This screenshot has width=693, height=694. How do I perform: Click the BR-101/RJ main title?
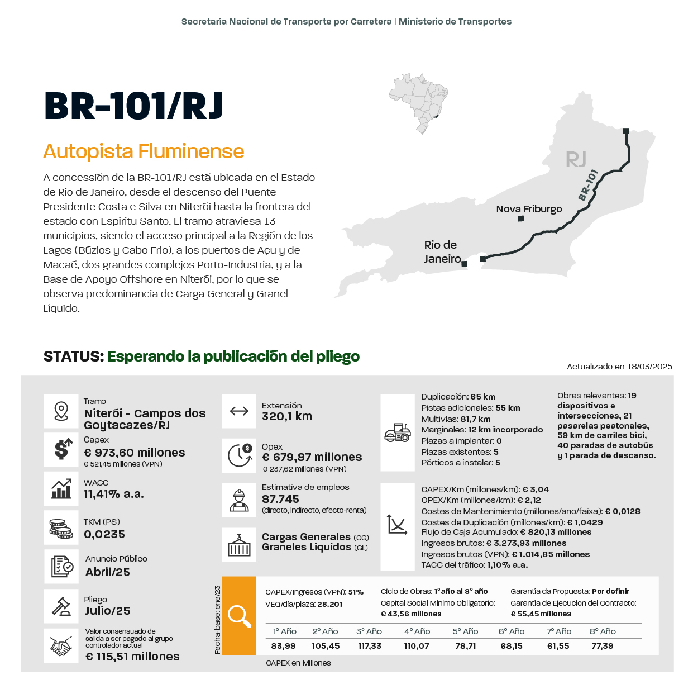click(x=133, y=106)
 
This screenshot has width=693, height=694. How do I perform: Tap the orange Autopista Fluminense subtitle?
click(x=144, y=151)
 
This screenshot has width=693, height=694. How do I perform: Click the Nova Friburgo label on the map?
click(x=529, y=209)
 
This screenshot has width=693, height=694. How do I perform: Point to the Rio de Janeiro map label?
click(x=441, y=251)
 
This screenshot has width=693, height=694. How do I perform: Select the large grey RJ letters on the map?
click(x=576, y=160)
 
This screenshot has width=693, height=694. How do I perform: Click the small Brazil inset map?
click(x=419, y=103)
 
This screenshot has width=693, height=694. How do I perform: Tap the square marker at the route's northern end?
click(x=626, y=131)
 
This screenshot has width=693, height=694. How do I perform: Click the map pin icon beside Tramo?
click(x=61, y=411)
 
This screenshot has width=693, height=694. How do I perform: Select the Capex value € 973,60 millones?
click(x=134, y=453)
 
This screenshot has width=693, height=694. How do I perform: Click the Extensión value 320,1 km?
click(x=287, y=416)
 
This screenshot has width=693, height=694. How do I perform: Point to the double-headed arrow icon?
click(x=239, y=411)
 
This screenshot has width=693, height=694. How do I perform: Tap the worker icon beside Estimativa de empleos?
click(x=239, y=500)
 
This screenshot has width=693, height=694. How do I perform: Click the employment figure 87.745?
click(x=280, y=499)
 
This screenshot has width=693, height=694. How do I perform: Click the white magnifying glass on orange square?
click(x=239, y=616)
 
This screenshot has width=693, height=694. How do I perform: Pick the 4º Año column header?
click(x=417, y=631)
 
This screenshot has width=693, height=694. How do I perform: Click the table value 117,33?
click(x=370, y=646)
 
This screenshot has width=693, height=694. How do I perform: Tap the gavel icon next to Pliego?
click(x=61, y=606)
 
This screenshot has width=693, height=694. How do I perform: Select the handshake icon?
click(x=61, y=647)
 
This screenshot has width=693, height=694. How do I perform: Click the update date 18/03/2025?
click(x=649, y=367)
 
